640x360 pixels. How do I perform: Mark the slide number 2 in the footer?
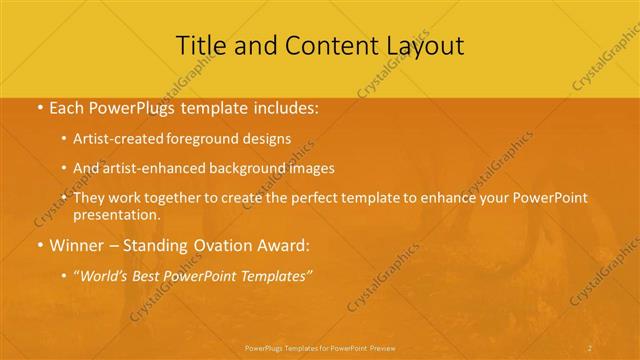pos(590,347)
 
